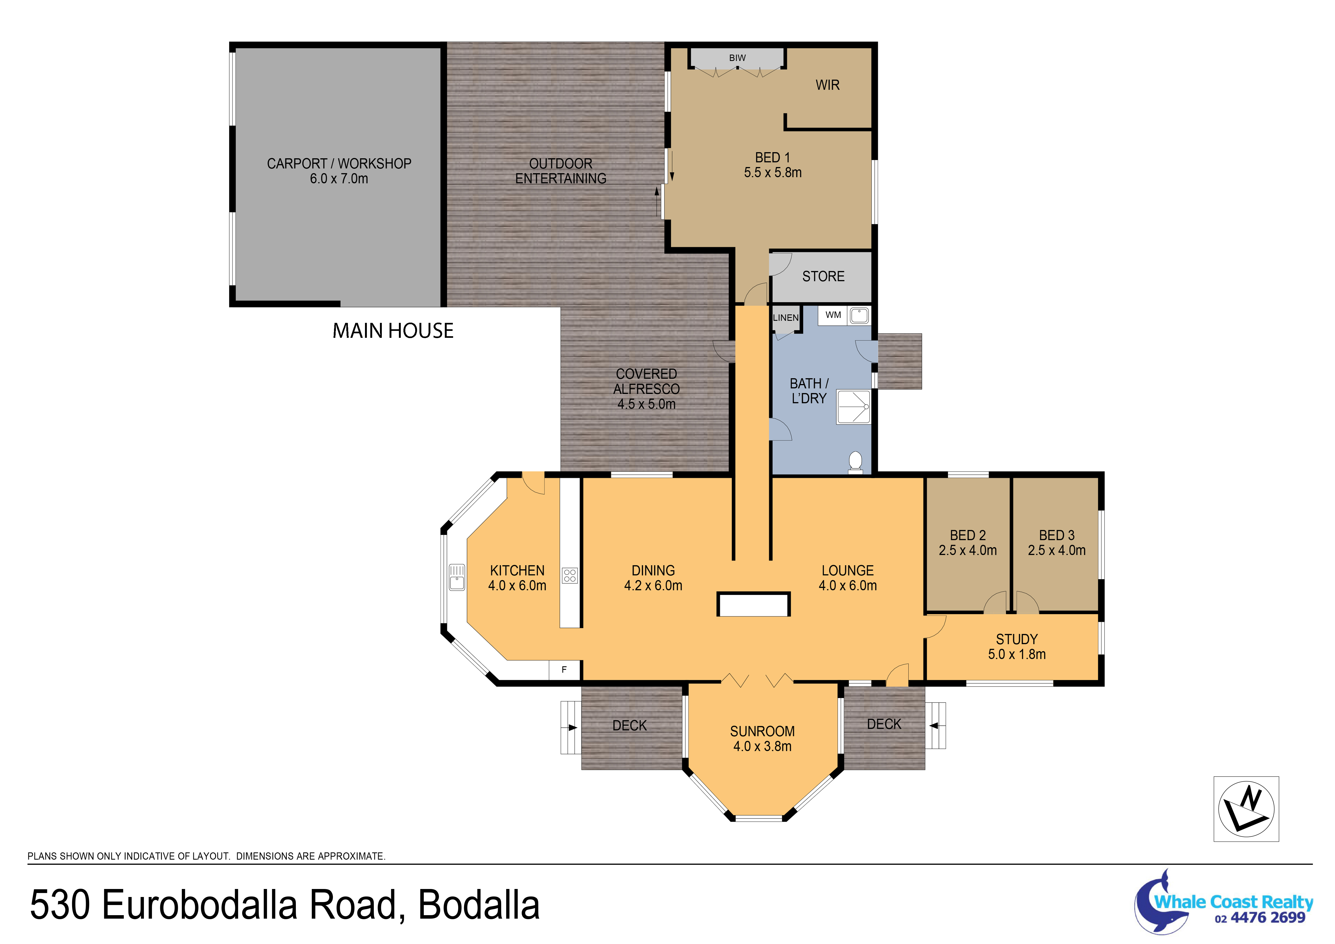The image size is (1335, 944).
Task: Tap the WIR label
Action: point(827,85)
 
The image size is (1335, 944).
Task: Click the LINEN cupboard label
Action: point(786,318)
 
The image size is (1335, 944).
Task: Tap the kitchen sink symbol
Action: point(457,577)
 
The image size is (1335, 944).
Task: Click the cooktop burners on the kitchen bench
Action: point(570,576)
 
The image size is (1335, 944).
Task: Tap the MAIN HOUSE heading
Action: point(393,331)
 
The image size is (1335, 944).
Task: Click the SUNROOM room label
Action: point(762,731)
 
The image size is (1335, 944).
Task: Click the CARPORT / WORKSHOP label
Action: point(339,163)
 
